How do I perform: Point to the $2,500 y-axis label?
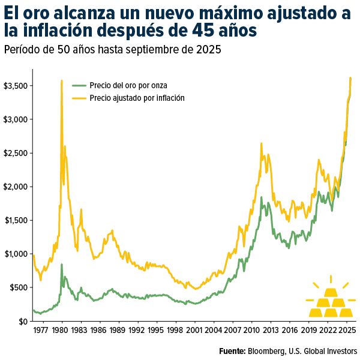coord(15,154)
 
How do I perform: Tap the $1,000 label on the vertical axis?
coord(15,254)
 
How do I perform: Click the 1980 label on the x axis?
coord(62,330)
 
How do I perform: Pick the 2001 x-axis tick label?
coord(194,330)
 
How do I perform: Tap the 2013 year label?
coord(270,330)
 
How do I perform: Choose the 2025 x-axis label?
coord(346,330)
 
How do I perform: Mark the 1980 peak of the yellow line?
coord(61,80)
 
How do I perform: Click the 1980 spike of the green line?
coord(62,265)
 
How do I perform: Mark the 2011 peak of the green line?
coord(261,197)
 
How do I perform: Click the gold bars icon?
coord(331,299)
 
